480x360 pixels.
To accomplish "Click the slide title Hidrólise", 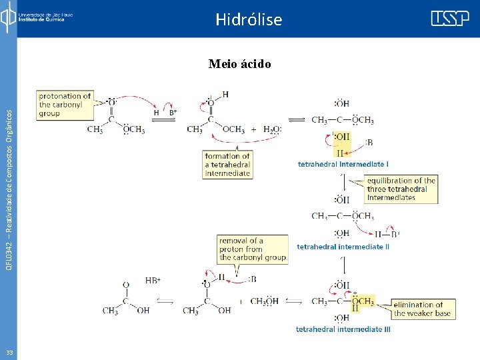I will [x=249, y=19].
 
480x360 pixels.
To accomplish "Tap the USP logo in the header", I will [x=449, y=19].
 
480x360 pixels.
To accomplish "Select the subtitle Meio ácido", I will [x=239, y=64].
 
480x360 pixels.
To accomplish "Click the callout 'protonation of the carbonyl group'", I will [x=65, y=105].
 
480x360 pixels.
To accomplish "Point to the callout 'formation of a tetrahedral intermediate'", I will [x=227, y=165].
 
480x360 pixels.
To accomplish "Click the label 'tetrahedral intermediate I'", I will [x=343, y=163].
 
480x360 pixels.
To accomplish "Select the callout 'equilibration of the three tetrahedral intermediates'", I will [x=401, y=189].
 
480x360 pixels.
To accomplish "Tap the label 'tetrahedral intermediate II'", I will [x=343, y=247].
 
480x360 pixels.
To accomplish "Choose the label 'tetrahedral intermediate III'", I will [x=343, y=329].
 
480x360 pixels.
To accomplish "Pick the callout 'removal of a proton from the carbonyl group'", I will [x=253, y=249].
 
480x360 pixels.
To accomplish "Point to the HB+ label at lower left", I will [x=153, y=281].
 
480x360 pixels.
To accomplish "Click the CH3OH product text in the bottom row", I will [x=264, y=301].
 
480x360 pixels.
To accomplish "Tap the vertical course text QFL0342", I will [x=9, y=180].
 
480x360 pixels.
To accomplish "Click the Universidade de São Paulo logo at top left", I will [x=37, y=16].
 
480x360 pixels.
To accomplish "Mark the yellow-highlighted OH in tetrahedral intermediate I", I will [x=341, y=137].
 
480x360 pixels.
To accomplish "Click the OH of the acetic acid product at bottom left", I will [x=143, y=311].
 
